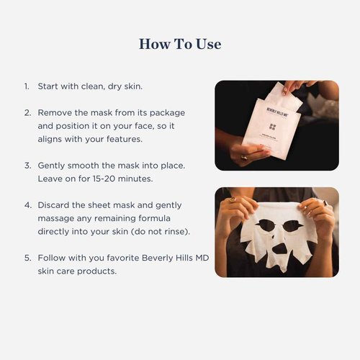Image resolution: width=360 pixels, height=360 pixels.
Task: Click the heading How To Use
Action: [179, 44]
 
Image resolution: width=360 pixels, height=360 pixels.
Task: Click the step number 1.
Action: [26, 87]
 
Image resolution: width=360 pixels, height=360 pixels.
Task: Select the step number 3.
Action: [27, 165]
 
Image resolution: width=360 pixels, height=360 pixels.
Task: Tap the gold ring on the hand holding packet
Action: [243, 156]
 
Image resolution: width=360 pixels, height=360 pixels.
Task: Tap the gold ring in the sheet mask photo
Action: [325, 203]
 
